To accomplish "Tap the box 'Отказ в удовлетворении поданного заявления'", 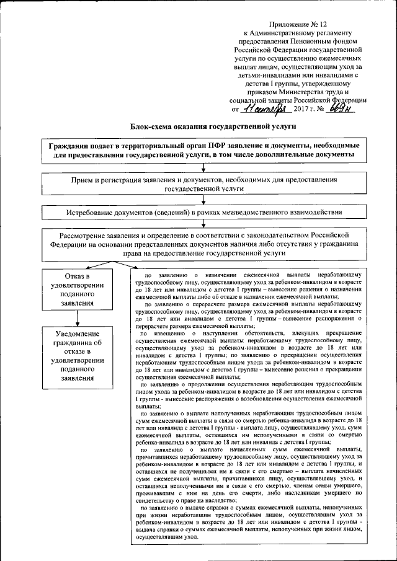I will click(x=76, y=289).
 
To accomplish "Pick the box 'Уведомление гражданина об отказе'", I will click(x=76, y=355).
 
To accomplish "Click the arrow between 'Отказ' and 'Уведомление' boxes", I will click(x=76, y=318).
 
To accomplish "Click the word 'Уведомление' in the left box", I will click(x=77, y=334).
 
